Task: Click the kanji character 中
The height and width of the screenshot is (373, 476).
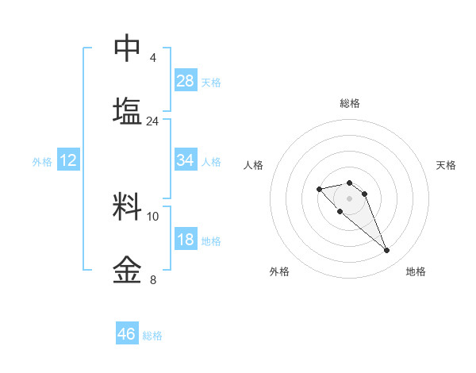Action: coord(128,48)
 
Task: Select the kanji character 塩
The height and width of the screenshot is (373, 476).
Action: coord(128,111)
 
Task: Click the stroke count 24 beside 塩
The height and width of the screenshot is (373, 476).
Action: coord(152,121)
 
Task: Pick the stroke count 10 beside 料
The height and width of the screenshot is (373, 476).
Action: coord(153,216)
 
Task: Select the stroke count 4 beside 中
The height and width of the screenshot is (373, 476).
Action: coord(152,58)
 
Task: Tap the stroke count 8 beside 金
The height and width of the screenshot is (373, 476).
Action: coord(153,279)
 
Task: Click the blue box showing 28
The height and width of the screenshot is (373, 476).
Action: coord(186,81)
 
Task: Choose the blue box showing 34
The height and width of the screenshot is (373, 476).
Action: coord(186,160)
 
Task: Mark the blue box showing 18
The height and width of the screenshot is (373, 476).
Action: coord(186,240)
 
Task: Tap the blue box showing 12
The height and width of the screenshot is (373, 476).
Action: coord(68,160)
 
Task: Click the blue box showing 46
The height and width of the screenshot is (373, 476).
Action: coord(127,334)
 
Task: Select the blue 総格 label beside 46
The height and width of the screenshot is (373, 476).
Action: coord(152,336)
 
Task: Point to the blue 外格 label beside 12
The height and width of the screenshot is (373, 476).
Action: coord(42,162)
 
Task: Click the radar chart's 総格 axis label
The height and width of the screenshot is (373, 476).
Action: coord(349,103)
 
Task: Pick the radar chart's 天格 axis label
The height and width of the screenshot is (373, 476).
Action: coord(446,165)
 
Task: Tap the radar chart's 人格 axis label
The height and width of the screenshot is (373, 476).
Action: coord(254,165)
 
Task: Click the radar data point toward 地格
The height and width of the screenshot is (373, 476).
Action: coord(386,251)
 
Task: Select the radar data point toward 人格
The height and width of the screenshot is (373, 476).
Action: coord(319,189)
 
